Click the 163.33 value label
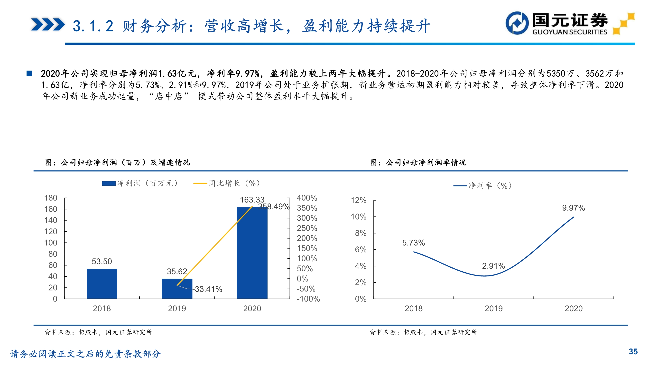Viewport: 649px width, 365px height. (x=252, y=200)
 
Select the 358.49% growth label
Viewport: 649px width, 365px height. (x=274, y=207)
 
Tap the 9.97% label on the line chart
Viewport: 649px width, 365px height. (x=574, y=208)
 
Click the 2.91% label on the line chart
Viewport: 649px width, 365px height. (x=493, y=266)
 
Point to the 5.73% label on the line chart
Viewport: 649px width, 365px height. (x=413, y=243)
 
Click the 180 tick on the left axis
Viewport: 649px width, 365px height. (x=51, y=198)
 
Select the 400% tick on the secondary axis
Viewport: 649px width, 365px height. (x=307, y=198)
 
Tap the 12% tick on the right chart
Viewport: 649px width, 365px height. (x=359, y=200)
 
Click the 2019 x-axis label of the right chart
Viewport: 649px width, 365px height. (x=493, y=308)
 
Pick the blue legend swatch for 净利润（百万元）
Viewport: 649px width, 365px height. (x=109, y=183)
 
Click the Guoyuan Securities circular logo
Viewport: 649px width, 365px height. (x=517, y=23)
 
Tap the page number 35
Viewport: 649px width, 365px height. (x=633, y=351)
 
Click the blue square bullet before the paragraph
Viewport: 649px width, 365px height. (x=29, y=73)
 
